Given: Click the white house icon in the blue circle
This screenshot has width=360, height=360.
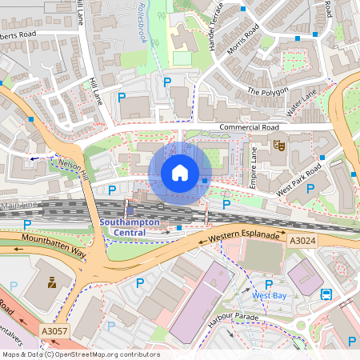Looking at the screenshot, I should pos(180,173).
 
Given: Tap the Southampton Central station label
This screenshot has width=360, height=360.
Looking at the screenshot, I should pos(129,227).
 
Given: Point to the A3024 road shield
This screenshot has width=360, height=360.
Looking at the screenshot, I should pos(302,240).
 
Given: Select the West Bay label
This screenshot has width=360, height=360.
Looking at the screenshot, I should pos(269,295).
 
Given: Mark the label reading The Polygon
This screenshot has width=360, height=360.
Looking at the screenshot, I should pos(266,91).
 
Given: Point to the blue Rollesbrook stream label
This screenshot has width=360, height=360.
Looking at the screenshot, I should pos(147,25).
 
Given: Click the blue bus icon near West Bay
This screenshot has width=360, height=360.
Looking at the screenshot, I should pos(326,294).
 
